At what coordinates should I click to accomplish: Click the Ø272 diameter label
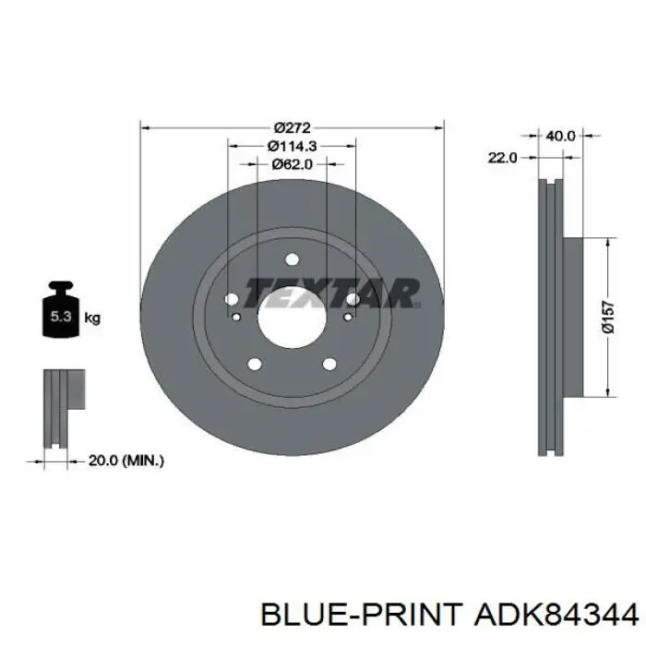point(293,127)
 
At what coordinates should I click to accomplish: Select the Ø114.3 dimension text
point(293,146)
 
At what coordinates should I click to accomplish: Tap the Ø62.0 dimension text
point(293,164)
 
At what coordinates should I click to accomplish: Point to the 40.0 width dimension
point(560,136)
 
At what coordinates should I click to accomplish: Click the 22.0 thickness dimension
point(502,158)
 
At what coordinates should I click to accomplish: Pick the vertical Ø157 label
point(608,317)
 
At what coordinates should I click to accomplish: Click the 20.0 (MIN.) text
point(126,461)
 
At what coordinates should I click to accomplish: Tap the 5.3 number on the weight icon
point(61,317)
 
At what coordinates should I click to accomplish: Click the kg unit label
point(92,318)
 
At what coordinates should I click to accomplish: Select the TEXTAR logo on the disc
point(332,293)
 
